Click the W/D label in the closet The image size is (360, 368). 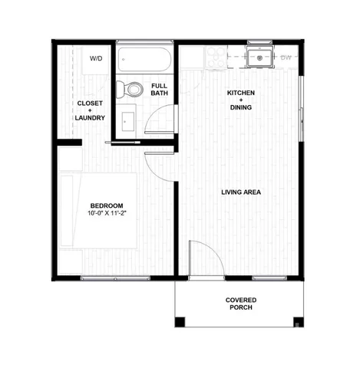point(96,58)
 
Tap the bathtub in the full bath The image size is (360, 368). point(144,61)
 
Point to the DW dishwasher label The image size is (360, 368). point(286,58)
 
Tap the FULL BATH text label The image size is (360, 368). point(160,90)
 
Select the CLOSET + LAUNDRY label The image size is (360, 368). point(92,110)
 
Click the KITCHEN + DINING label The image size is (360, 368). point(240,100)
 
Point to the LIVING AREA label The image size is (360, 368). point(241,192)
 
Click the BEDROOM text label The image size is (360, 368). point(106,205)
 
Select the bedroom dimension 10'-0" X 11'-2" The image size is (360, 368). point(106,214)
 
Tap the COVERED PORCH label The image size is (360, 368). point(241,304)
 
